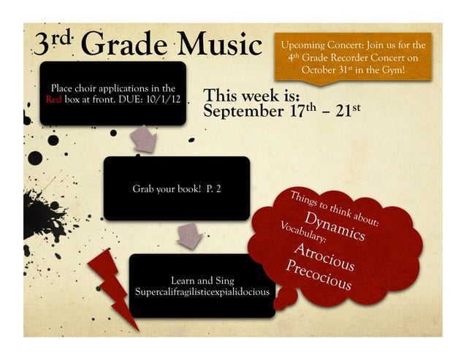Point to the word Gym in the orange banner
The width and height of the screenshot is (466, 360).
pos(389,69)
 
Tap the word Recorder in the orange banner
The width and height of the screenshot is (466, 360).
pos(355,56)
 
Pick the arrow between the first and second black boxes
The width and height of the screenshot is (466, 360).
pos(145,138)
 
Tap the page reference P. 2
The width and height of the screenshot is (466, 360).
pos(213,189)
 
